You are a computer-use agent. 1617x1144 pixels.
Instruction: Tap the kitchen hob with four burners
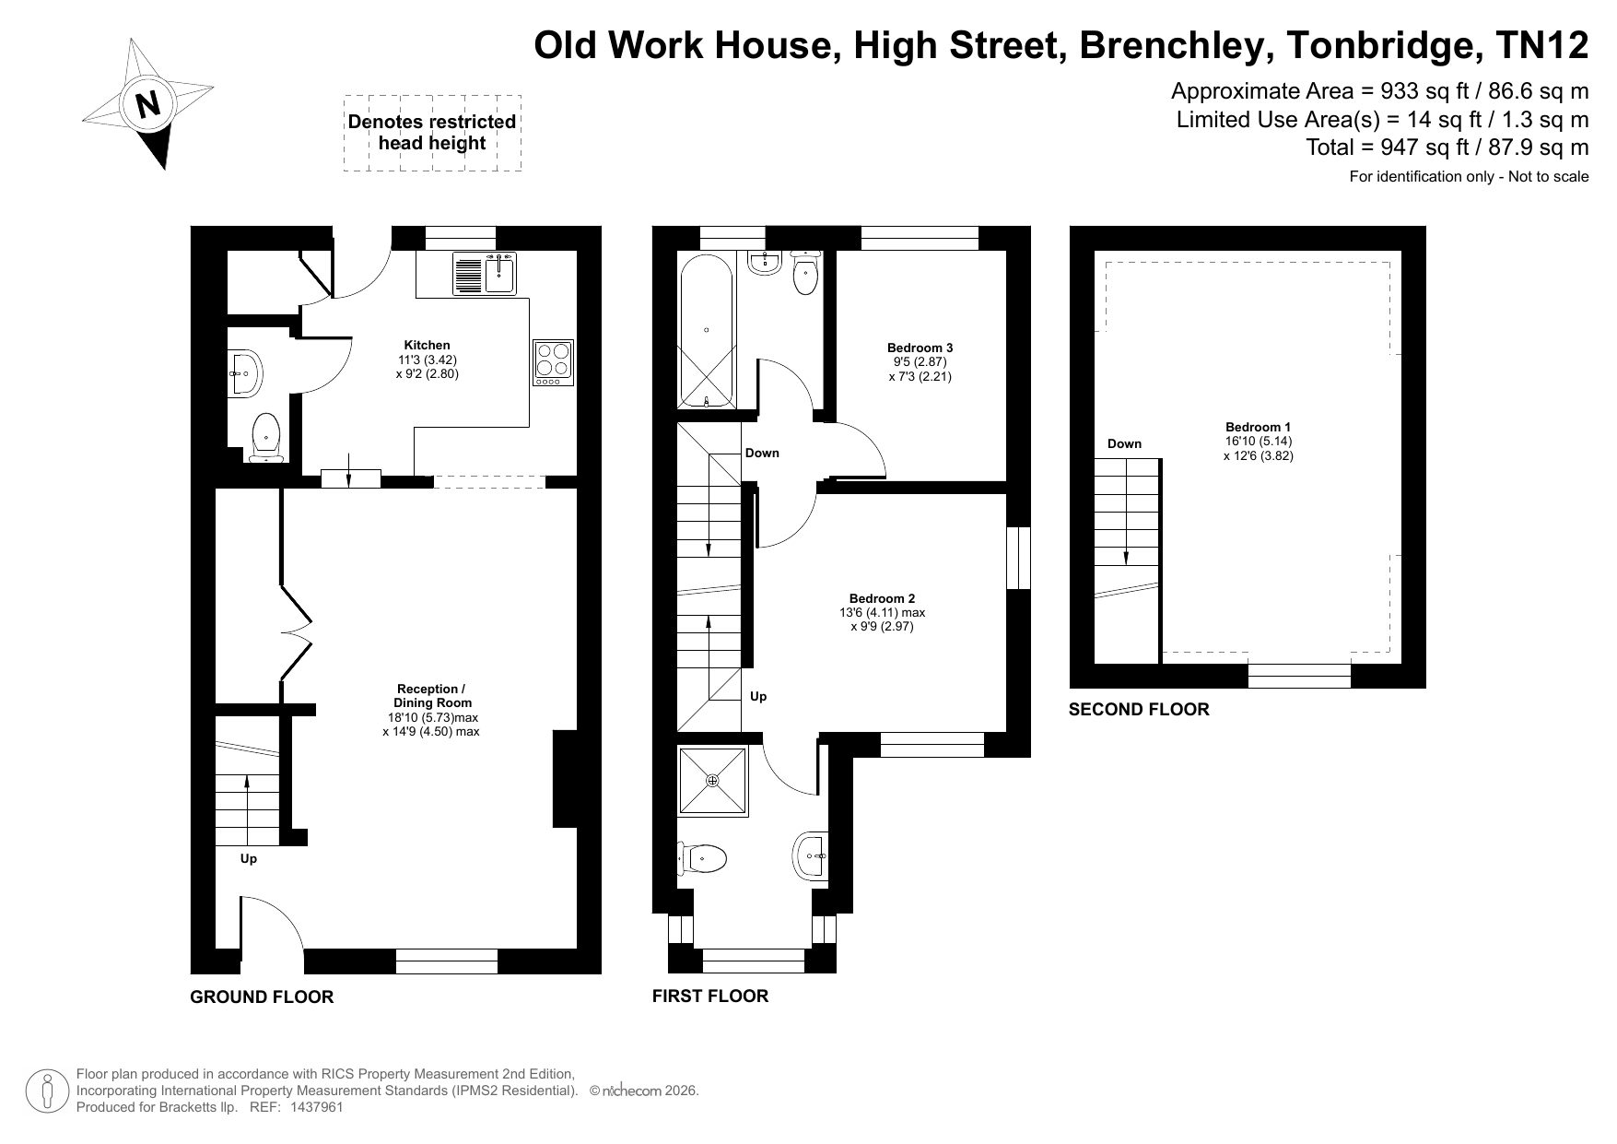(x=553, y=363)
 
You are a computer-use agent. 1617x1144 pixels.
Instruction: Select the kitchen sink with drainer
(x=485, y=273)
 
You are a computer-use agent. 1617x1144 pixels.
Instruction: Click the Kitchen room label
(x=428, y=345)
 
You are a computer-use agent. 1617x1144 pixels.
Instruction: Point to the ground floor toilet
(x=265, y=438)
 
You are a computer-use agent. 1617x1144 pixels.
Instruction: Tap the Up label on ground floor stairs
(x=248, y=858)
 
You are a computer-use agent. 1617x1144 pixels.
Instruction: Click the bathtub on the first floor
(x=706, y=329)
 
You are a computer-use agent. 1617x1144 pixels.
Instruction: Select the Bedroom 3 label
(x=920, y=348)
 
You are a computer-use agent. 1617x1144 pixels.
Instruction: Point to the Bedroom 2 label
(x=882, y=598)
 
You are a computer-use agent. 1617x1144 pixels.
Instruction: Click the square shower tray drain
(x=712, y=781)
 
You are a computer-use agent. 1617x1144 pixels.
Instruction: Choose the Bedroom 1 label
(x=1258, y=427)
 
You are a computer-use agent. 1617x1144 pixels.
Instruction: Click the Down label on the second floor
(x=1124, y=443)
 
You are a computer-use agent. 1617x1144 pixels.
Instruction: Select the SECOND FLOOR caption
(x=1139, y=709)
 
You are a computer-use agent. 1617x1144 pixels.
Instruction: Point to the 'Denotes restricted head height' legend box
(x=432, y=133)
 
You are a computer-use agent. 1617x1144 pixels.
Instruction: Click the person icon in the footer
(x=47, y=1091)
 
